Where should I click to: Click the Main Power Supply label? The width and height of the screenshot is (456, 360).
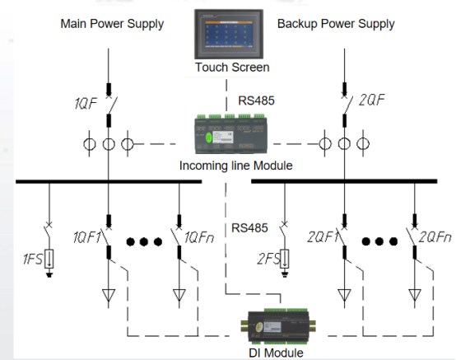(x=112, y=24)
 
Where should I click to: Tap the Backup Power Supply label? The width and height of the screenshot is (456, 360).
(x=336, y=24)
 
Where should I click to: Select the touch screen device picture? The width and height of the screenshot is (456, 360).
(x=229, y=34)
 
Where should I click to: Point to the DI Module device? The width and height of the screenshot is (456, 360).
(x=277, y=325)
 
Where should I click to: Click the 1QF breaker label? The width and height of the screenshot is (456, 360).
(x=86, y=103)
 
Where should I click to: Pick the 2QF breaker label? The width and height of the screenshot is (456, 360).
(x=372, y=100)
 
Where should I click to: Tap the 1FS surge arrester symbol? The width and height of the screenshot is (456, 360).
(x=49, y=259)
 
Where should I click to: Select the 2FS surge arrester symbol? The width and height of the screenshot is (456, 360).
(x=285, y=259)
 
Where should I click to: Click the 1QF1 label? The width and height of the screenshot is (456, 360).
(x=86, y=237)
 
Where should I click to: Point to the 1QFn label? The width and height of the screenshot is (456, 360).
(x=199, y=237)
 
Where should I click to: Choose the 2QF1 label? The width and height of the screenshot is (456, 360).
(x=322, y=237)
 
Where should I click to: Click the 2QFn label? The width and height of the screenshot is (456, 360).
(x=435, y=237)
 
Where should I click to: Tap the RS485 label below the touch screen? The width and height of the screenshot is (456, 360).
(x=256, y=101)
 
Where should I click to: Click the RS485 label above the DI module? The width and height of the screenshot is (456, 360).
(x=249, y=228)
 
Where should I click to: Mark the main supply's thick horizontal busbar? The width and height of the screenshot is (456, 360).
(x=109, y=182)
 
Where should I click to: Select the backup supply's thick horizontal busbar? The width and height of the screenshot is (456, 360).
(x=344, y=181)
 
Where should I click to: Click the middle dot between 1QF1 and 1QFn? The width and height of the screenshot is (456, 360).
(x=144, y=241)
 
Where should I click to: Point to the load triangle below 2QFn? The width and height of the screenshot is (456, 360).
(x=415, y=295)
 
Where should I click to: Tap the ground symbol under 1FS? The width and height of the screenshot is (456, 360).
(x=49, y=274)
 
